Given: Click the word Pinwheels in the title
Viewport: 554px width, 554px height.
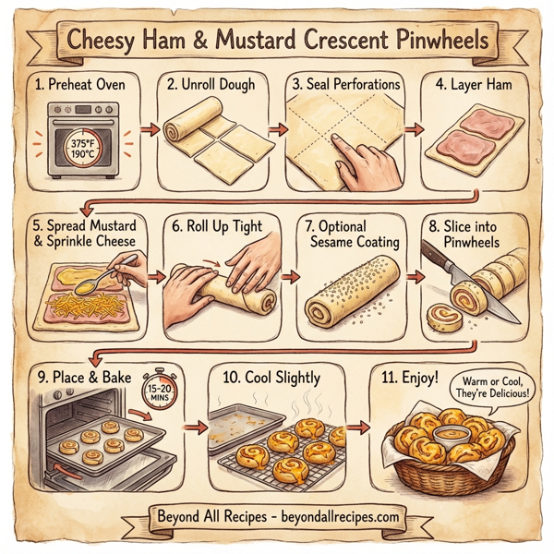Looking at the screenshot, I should point(440,42).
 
